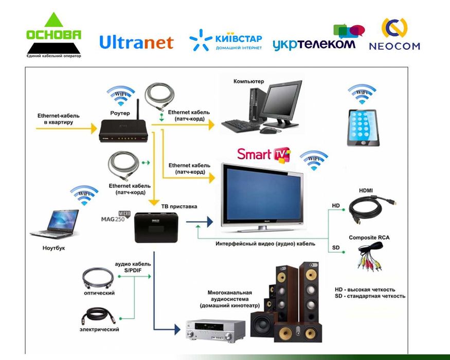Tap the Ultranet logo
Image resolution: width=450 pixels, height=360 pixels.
click(136, 42)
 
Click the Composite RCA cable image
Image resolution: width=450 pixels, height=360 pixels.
click(370, 257)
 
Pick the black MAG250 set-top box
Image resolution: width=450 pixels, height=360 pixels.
click(155, 226)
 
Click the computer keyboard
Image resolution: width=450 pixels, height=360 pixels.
click(241, 125)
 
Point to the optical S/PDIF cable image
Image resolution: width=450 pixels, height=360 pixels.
click(98, 278)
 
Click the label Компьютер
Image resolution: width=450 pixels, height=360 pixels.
click(248, 81)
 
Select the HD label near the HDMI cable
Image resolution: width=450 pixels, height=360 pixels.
click(336, 206)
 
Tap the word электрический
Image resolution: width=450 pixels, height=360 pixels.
click(99, 329)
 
